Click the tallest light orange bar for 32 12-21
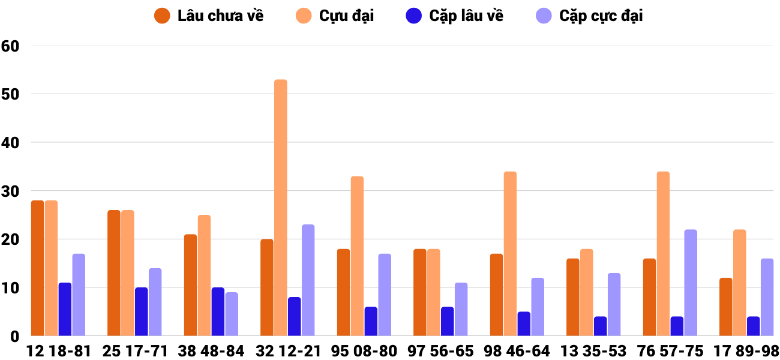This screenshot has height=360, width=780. (x=281, y=208)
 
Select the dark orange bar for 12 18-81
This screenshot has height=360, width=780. (x=38, y=268)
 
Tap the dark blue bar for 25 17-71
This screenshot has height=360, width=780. (x=142, y=311)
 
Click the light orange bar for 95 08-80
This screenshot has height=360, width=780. (x=357, y=256)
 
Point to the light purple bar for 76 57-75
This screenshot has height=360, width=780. (x=691, y=283)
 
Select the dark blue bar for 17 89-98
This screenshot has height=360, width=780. (x=753, y=326)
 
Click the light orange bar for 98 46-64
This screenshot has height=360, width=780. (x=510, y=254)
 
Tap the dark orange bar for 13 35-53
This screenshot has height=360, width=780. (x=573, y=297)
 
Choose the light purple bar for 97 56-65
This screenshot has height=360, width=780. (x=461, y=309)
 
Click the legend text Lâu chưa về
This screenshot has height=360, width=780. (x=220, y=16)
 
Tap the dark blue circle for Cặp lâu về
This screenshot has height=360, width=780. (x=414, y=16)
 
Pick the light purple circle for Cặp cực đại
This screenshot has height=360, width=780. (x=544, y=16)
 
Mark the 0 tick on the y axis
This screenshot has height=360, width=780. (x=15, y=337)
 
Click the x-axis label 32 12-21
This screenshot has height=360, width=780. (x=288, y=351)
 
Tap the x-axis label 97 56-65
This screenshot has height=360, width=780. (x=440, y=351)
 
